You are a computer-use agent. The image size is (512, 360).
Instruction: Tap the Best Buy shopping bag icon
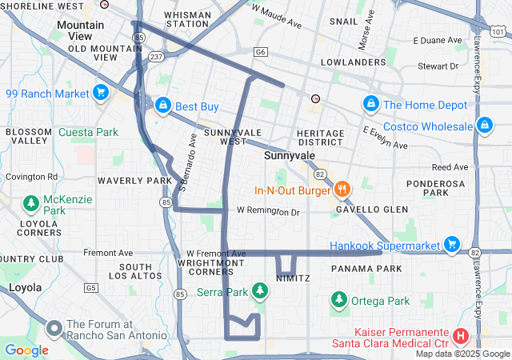[x=162, y=105]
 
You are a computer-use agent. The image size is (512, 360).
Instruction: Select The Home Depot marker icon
[x=370, y=104]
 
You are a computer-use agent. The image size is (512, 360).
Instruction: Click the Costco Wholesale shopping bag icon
[x=483, y=126]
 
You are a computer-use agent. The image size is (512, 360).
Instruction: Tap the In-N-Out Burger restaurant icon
[x=342, y=190]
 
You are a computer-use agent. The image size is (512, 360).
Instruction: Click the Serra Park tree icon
[x=259, y=291]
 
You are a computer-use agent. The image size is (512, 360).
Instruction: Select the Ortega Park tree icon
[x=339, y=300]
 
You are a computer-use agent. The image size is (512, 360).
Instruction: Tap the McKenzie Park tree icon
[x=31, y=204]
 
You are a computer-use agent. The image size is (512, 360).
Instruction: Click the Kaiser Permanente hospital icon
[x=461, y=336]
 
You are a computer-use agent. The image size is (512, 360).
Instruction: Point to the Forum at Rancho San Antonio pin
[x=54, y=328]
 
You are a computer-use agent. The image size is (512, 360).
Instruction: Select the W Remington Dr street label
[x=267, y=212]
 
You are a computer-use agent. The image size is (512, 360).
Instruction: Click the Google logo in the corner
[x=26, y=350]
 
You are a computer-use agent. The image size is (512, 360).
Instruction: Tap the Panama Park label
[x=366, y=269]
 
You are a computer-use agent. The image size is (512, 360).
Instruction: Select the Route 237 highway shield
[x=156, y=56]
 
